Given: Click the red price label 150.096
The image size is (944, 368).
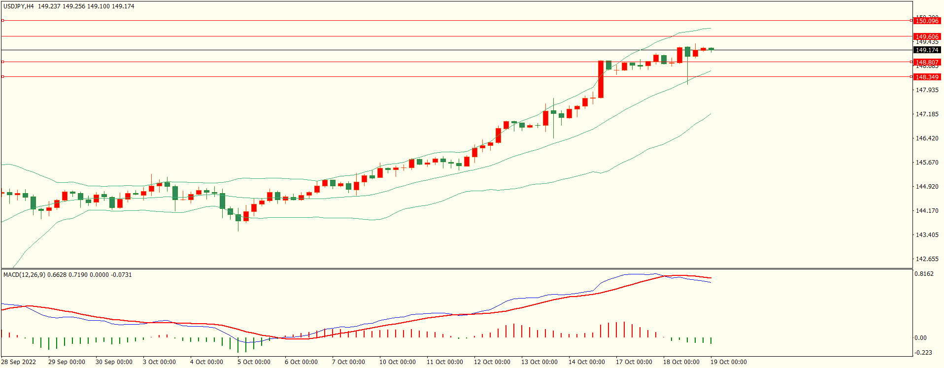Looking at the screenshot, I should (927, 21).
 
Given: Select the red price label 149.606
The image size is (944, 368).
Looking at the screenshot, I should (927, 36).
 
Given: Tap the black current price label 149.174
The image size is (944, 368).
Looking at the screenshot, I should (927, 50).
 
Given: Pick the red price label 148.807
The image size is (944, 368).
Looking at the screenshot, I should (927, 62).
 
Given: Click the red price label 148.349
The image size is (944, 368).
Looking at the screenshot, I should (927, 77).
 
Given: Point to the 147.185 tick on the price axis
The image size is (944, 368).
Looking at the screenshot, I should (927, 114).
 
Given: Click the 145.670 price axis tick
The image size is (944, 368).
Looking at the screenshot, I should (927, 162).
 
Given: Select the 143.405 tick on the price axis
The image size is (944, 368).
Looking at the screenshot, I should (927, 234).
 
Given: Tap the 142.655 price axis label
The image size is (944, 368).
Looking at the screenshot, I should (927, 259).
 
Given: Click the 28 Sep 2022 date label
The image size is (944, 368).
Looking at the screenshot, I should (19, 362).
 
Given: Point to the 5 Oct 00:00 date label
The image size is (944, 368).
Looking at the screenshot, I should (254, 362).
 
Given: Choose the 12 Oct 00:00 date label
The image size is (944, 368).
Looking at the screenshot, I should (492, 362).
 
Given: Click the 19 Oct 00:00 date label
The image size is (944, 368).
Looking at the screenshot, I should (728, 362).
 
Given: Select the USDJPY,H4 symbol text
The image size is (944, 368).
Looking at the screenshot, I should (19, 6).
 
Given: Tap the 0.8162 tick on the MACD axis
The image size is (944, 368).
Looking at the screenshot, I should (924, 274).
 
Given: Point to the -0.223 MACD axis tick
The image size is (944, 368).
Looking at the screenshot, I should (923, 352).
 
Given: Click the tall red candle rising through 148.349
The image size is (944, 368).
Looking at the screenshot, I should (601, 79).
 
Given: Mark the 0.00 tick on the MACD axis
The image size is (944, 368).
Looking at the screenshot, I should (920, 337).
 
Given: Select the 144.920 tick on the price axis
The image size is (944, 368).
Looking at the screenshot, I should (927, 186).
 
